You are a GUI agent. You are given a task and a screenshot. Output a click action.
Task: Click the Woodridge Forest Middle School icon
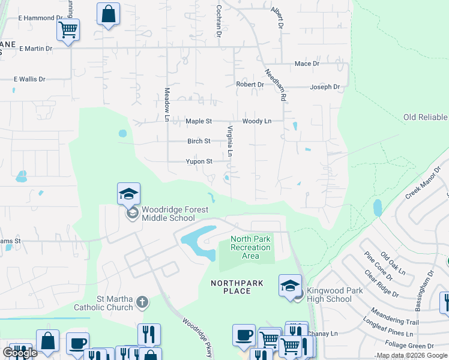tap(129, 194)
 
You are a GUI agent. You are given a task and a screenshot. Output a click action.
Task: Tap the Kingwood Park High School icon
tap(291, 286)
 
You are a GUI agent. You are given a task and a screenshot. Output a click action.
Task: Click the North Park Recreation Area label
tap(251, 248)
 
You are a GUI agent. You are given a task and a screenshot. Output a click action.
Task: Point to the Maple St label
tap(199, 121)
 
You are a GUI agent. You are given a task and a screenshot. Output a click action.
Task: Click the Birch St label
tap(199, 142)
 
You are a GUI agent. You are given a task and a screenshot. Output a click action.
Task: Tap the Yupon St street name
tap(199, 161)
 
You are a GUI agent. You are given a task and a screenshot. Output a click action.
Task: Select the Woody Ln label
tap(257, 121)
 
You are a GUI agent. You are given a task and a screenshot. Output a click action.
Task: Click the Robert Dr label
tap(250, 85)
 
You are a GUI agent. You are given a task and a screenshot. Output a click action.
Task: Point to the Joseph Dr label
tap(325, 87)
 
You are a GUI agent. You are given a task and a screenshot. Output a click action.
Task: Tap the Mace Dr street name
tap(307, 64)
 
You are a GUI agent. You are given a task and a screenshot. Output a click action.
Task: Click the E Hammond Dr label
tap(40, 19)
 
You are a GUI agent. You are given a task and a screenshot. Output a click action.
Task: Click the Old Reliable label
tap(425, 117)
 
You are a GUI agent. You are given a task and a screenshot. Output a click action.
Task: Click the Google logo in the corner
tap(20, 353)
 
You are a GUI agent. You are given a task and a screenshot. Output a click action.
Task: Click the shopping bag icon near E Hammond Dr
tap(108, 15)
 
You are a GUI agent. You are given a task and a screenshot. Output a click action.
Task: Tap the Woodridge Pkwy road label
tap(197, 337)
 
